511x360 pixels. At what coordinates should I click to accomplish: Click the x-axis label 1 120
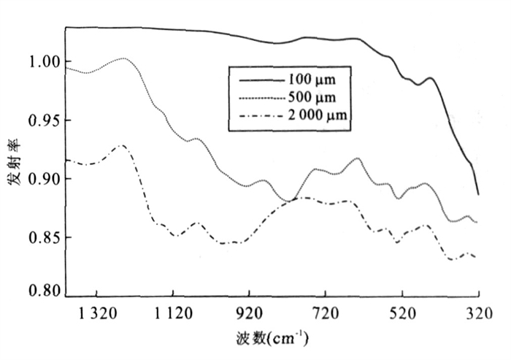tap(173, 315)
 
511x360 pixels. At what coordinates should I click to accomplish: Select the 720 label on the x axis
tap(326, 315)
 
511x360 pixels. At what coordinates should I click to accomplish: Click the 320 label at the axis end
tap(478, 315)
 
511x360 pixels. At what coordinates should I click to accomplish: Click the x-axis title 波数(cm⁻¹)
tap(271, 340)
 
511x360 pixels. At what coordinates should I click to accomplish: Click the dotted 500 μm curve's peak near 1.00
tap(123, 58)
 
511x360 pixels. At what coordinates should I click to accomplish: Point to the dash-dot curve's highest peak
tap(121, 146)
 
